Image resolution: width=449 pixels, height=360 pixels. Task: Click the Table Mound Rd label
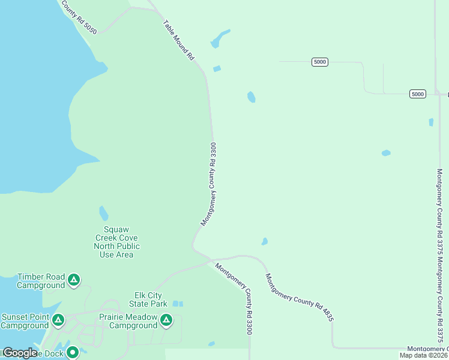pos(179,40)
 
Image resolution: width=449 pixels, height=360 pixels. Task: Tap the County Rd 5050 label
pos(78,17)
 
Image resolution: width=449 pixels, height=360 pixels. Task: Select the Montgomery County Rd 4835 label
pos(299,298)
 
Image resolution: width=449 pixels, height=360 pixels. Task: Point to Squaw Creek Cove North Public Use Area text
pos(117,242)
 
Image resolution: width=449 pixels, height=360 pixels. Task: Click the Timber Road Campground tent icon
pos(73,280)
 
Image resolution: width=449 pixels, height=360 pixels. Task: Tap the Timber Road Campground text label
pos(41,281)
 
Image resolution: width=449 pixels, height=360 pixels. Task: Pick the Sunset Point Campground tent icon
pos(58,320)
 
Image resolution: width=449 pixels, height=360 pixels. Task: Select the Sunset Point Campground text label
pos(25,321)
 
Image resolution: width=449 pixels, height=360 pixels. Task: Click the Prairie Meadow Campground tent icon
pos(166,321)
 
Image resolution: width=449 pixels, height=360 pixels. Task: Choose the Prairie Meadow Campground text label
pos(133,322)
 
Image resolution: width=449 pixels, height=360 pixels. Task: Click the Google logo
pos(20,353)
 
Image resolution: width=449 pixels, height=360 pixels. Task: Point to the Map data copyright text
pos(423,355)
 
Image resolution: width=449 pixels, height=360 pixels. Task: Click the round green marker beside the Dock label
pos(73,352)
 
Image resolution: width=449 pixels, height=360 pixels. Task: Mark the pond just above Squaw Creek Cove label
pos(104,213)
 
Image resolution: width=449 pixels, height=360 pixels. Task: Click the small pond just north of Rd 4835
pos(264,242)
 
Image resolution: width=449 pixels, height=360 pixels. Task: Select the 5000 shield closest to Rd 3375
pos(418,94)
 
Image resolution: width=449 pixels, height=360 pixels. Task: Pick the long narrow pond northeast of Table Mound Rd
pos(220,38)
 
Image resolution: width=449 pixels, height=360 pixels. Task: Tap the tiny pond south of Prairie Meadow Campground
pos(211,344)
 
